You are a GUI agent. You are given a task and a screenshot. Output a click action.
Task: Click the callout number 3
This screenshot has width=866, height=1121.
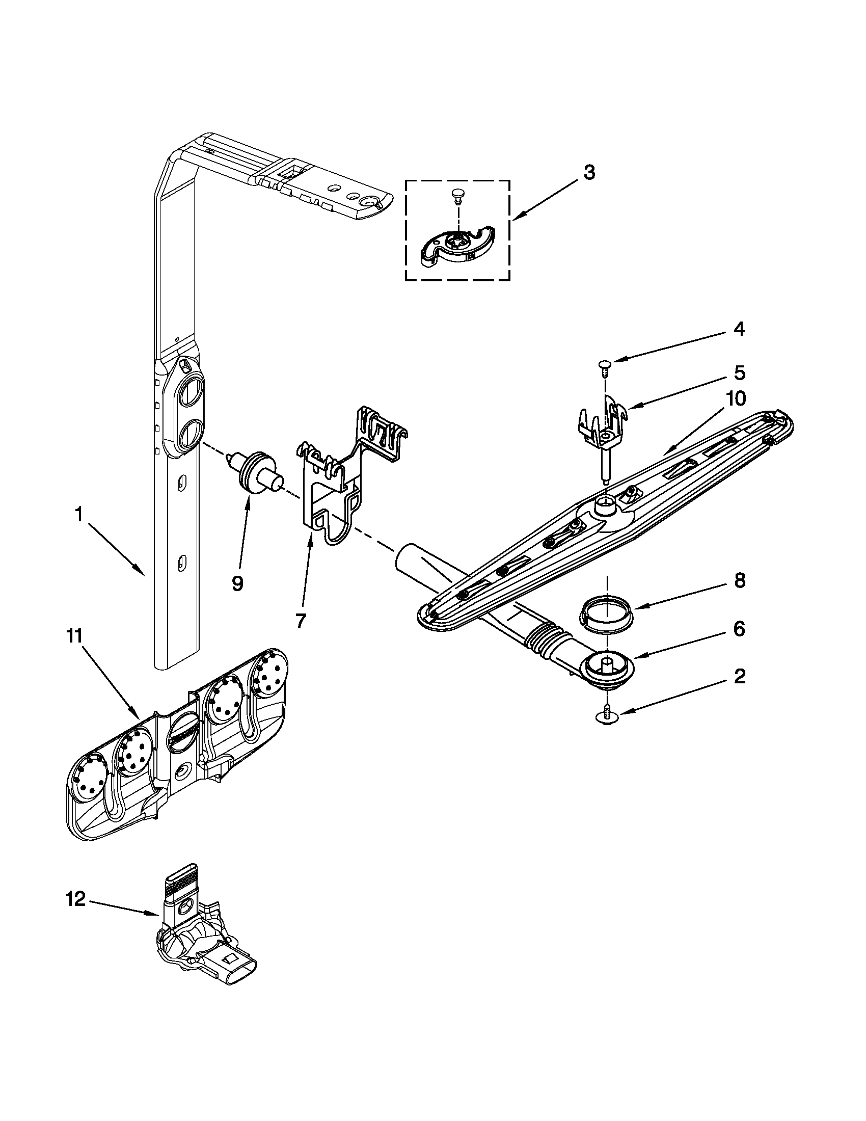click(x=589, y=173)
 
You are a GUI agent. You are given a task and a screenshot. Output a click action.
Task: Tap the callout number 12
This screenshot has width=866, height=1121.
click(x=75, y=900)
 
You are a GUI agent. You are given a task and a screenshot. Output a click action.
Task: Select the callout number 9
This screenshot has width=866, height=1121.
click(x=237, y=583)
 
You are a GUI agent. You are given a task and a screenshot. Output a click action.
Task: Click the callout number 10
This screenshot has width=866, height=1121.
click(x=735, y=398)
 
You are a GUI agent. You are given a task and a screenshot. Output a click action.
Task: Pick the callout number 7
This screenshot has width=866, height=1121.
click(x=301, y=621)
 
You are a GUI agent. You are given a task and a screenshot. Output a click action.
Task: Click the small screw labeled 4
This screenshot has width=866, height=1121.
click(x=604, y=365)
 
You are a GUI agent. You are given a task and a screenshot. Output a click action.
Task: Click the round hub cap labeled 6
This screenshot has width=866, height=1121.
click(x=607, y=666)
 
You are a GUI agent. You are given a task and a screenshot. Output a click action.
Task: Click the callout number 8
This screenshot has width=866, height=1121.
click(x=739, y=581)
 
